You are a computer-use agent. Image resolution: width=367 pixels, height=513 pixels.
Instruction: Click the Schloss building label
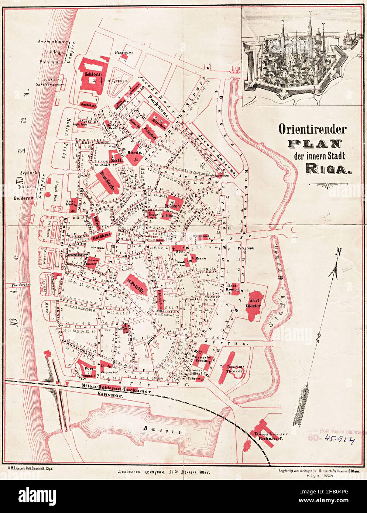pyautogui.click(x=90, y=73)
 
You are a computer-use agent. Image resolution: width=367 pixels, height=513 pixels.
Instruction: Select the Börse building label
pyautogui.click(x=132, y=152)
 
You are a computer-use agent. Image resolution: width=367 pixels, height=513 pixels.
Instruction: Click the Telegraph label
pyautogui.click(x=245, y=248)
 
